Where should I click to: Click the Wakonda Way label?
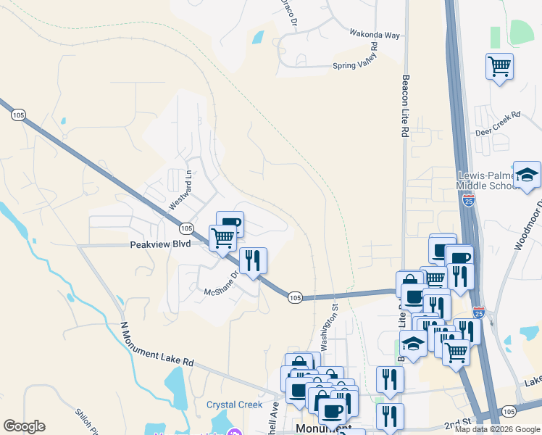[355, 34]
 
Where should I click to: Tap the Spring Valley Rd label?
[356, 57]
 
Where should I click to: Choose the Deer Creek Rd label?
[498, 124]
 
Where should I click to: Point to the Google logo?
[24, 426]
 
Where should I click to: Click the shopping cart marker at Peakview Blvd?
[223, 237]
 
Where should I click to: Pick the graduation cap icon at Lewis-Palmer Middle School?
[528, 174]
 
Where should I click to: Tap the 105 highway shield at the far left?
[19, 114]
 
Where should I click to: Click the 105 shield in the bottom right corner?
[509, 411]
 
